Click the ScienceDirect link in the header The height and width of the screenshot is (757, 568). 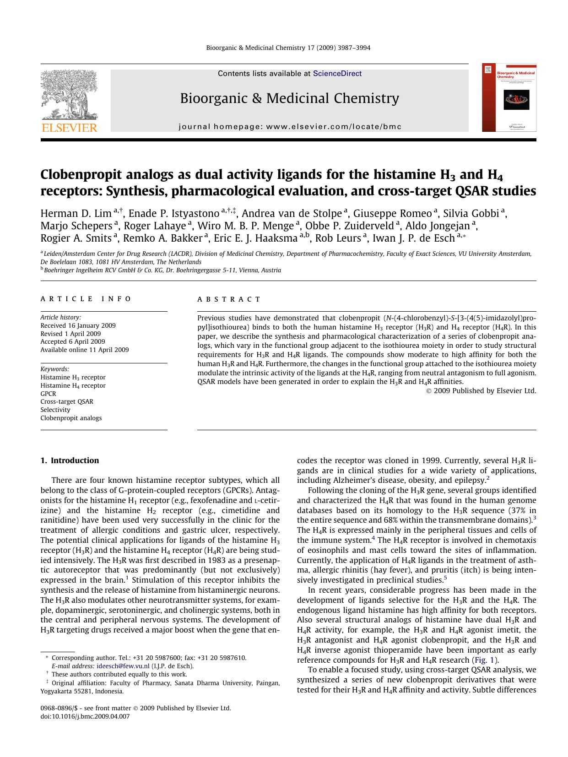pyautogui.click(x=337, y=74)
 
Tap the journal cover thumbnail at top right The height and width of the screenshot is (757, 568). pyautogui.click(x=509, y=97)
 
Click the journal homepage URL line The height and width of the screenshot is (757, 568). pyautogui.click(x=290, y=127)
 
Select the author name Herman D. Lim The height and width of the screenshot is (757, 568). pyautogui.click(x=76, y=214)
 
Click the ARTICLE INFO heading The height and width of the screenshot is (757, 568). pyautogui.click(x=86, y=299)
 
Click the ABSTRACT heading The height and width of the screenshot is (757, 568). pyautogui.click(x=229, y=299)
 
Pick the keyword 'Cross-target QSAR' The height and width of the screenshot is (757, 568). pyautogui.click(x=67, y=402)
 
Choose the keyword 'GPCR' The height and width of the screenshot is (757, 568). pyautogui.click(x=49, y=394)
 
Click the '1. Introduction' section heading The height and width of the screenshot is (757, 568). pyautogui.click(x=70, y=460)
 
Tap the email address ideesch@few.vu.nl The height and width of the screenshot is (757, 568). pyautogui.click(x=123, y=666)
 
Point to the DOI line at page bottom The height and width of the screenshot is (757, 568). pyautogui.click(x=85, y=716)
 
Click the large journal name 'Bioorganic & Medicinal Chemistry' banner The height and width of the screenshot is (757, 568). pyautogui.click(x=289, y=98)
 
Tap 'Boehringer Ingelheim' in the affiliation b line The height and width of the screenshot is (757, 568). pyautogui.click(x=74, y=270)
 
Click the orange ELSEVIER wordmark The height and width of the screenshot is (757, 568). pyautogui.click(x=69, y=128)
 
